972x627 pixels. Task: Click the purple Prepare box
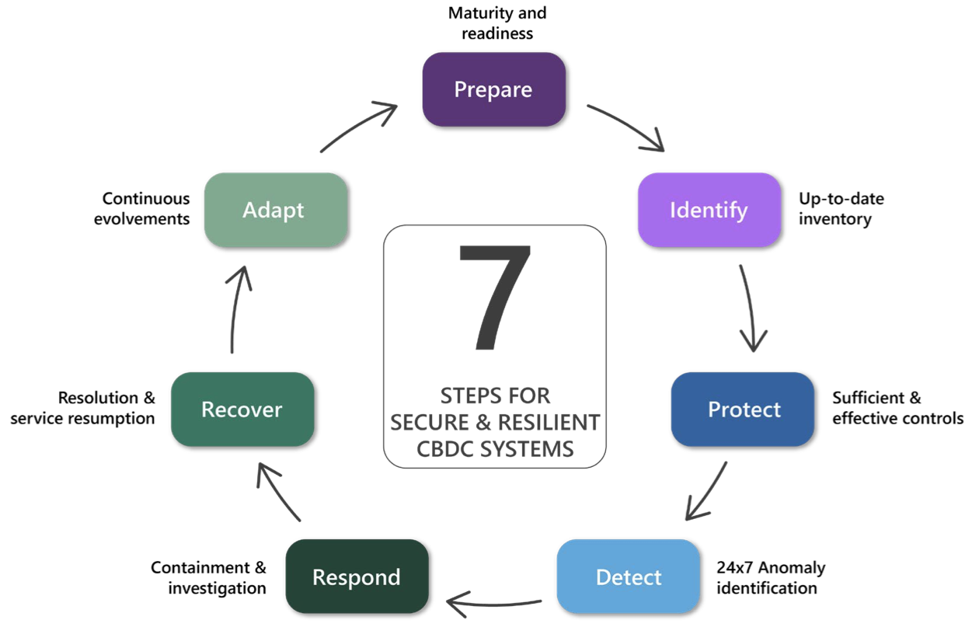click(493, 89)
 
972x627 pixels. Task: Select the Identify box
click(709, 210)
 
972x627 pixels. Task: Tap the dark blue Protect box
click(744, 409)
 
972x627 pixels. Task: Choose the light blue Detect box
click(629, 577)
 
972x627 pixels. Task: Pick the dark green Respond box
click(357, 577)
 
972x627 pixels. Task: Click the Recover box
click(242, 409)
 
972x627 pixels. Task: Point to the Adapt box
click(273, 210)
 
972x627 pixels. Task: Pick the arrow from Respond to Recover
click(277, 492)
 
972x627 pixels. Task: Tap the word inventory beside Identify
click(834, 219)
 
